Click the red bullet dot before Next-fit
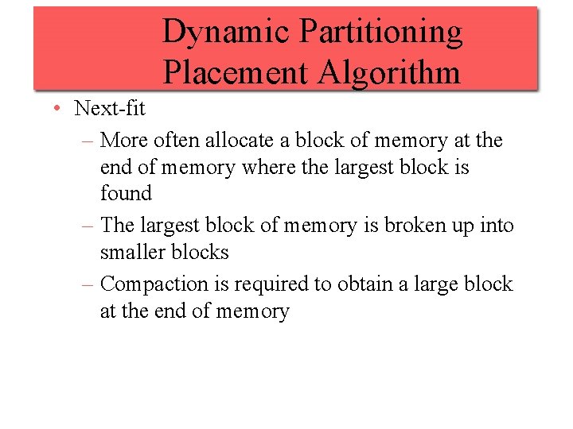click(58, 109)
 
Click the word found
click(126, 194)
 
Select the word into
click(497, 226)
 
